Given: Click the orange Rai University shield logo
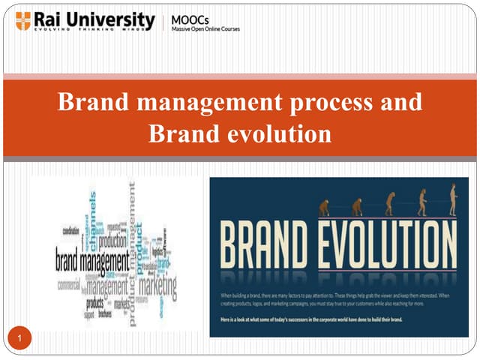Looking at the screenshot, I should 23,20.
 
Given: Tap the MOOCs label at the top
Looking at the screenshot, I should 190,17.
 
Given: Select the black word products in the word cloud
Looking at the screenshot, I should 95,302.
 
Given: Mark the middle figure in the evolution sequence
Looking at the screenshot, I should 389,203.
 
